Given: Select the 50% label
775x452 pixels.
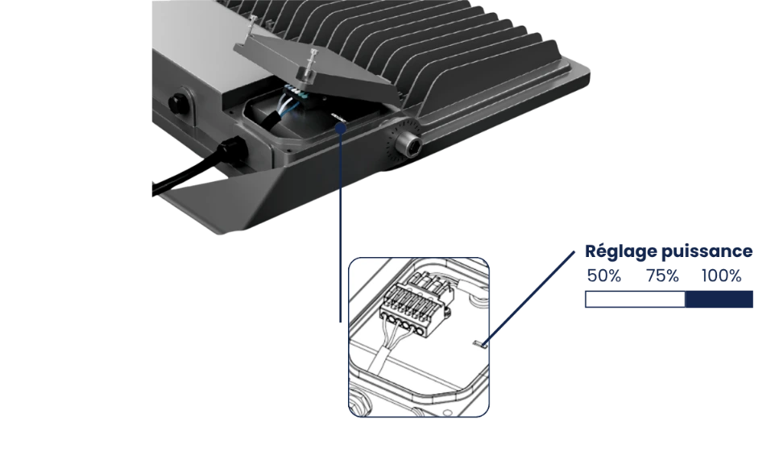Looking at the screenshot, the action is pyautogui.click(x=604, y=276).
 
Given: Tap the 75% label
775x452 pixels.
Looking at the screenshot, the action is pyautogui.click(x=662, y=276).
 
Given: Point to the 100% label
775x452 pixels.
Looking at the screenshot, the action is pyautogui.click(x=722, y=276).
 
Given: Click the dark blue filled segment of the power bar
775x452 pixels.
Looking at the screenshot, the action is pyautogui.click(x=719, y=300).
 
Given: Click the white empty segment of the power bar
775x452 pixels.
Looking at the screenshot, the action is pyautogui.click(x=635, y=300).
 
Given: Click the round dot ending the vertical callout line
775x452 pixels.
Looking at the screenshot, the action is pyautogui.click(x=341, y=128).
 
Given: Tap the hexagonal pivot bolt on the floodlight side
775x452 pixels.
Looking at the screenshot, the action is pyautogui.click(x=411, y=144).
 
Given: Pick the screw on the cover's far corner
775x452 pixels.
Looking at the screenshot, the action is pyautogui.click(x=253, y=25).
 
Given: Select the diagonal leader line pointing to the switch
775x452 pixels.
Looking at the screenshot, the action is pyautogui.click(x=529, y=297).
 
